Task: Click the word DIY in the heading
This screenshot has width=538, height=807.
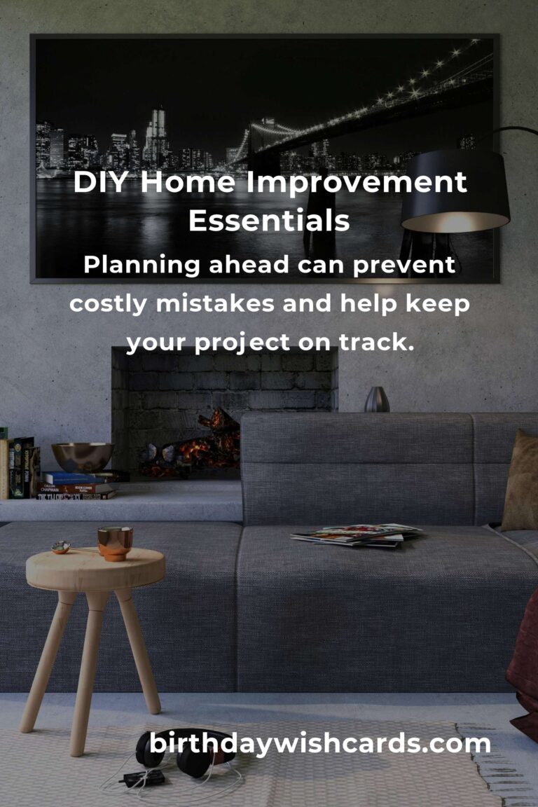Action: [x=102, y=184]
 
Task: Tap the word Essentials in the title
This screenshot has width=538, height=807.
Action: [x=269, y=221]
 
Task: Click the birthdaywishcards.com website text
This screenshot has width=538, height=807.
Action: [x=319, y=743]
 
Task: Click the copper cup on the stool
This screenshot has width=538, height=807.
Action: [x=115, y=543]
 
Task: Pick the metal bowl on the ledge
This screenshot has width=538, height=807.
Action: [x=83, y=457]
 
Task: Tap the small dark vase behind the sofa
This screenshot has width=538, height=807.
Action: [x=377, y=399]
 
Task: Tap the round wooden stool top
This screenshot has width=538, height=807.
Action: [x=95, y=567]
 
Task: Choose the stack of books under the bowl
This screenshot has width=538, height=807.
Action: [x=81, y=485]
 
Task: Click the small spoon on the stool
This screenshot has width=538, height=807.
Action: [x=63, y=546]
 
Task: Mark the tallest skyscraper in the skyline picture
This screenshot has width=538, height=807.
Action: [x=158, y=133]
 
